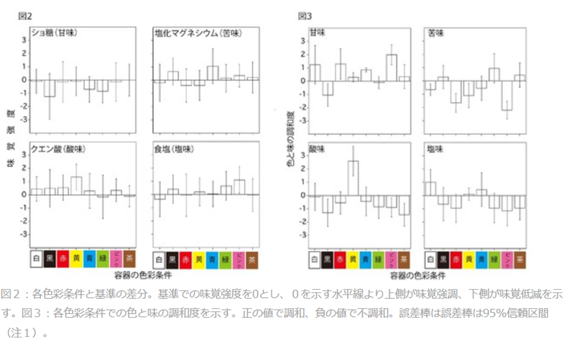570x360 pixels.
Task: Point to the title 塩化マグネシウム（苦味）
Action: (194, 33)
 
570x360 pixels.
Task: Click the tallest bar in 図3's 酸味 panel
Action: (353, 178)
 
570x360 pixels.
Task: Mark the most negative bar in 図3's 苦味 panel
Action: (505, 95)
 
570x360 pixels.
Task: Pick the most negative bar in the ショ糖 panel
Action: (49, 88)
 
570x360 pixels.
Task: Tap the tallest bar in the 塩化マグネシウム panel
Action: (212, 73)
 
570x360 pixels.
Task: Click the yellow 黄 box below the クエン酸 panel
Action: (76, 259)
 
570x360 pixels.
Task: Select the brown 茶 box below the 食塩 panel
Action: (252, 259)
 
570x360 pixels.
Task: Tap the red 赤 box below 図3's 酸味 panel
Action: (340, 259)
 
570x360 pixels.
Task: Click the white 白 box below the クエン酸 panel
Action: (36, 259)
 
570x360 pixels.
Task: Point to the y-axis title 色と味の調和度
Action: (291, 140)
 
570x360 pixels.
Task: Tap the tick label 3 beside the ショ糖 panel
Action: (24, 40)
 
